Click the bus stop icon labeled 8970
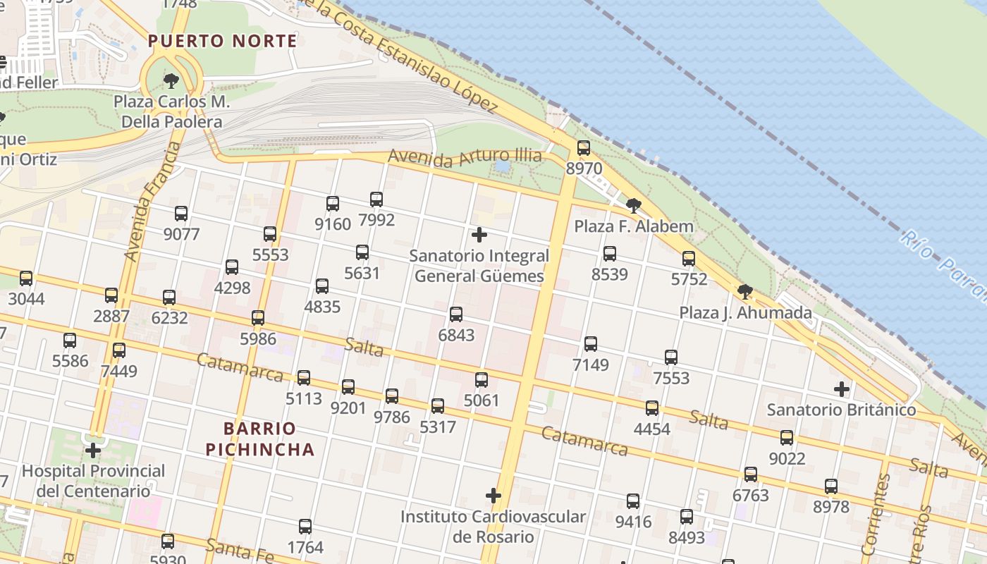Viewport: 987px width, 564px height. [583, 148]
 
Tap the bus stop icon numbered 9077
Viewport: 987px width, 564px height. [181, 214]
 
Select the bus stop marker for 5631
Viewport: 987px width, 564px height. [362, 252]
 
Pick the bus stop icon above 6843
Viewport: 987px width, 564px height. [456, 314]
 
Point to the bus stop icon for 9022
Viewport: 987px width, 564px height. [787, 438]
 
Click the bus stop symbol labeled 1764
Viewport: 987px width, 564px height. [305, 527]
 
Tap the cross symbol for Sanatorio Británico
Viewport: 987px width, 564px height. [841, 388]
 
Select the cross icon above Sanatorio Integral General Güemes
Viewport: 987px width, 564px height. [479, 234]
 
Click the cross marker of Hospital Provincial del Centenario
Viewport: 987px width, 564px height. [93, 450]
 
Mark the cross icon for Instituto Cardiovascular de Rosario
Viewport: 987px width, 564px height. [493, 496]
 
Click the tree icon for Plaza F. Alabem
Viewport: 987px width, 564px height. [633, 206]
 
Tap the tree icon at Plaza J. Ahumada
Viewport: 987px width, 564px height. [744, 292]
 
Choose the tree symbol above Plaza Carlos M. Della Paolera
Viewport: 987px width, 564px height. [171, 81]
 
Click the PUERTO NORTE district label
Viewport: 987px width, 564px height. [223, 41]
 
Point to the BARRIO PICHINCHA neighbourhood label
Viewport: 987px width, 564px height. [269, 439]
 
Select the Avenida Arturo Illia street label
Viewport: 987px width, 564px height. [465, 156]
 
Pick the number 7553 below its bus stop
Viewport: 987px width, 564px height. [671, 379]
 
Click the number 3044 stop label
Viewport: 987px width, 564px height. [26, 299]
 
